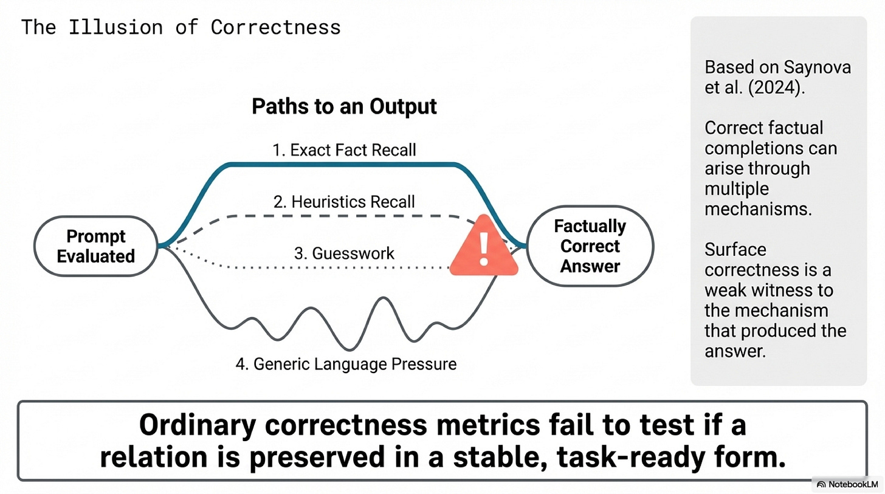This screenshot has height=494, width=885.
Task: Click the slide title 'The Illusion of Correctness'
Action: tap(181, 27)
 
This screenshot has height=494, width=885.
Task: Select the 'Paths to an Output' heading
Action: tap(344, 106)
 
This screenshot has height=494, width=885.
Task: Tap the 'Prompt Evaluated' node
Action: tap(95, 246)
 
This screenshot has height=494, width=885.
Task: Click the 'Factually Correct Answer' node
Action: tap(590, 246)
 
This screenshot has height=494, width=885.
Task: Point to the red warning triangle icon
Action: tap(484, 248)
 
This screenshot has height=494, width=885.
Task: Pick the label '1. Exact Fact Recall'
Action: tap(344, 150)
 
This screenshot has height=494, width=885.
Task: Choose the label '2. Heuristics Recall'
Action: tap(344, 202)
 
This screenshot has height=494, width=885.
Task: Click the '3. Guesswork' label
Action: tap(344, 253)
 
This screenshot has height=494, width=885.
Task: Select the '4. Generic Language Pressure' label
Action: tap(346, 364)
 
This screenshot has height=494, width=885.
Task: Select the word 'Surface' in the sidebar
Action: tap(735, 250)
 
